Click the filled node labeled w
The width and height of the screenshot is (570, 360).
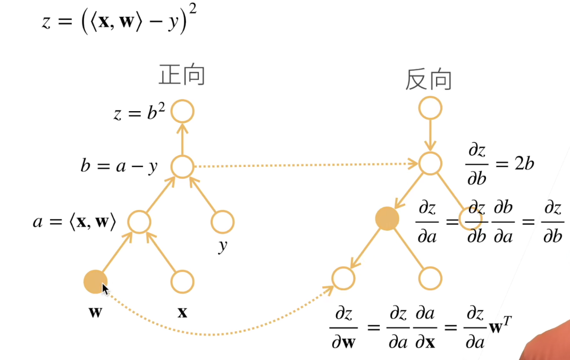[x=95, y=282]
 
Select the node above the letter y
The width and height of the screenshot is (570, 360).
[x=222, y=222]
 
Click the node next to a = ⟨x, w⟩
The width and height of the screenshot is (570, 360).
[x=139, y=222]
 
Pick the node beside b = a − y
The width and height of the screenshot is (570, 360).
[x=182, y=166]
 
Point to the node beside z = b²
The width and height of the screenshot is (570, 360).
[x=182, y=112]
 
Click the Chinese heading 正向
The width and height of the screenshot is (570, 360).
[x=182, y=76]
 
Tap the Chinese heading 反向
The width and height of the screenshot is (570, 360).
[x=429, y=79]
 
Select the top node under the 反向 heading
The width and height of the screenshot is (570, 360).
[x=430, y=108]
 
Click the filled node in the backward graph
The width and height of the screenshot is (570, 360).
[x=387, y=219]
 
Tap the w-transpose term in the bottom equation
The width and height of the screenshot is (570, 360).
[x=502, y=326]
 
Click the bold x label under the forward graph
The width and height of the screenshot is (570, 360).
[x=182, y=312]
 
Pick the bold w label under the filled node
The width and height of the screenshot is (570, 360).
[x=95, y=312]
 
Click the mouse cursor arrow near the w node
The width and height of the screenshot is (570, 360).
[x=105, y=290]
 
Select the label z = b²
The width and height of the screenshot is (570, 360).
[x=139, y=113]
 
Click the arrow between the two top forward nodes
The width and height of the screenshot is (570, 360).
[x=182, y=139]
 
